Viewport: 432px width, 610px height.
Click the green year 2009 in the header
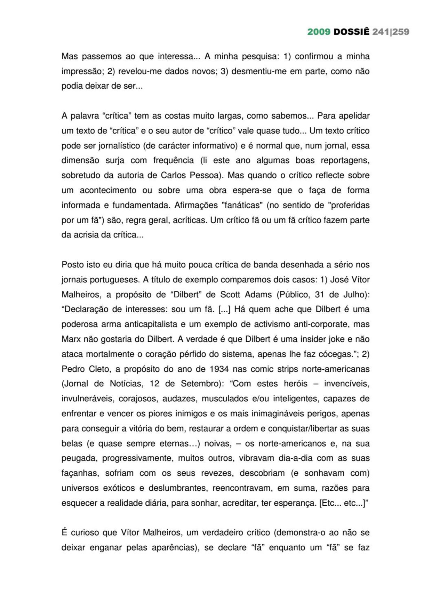pyautogui.click(x=319, y=32)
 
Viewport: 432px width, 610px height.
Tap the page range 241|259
pyautogui.click(x=391, y=32)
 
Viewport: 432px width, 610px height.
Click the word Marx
pyautogui.click(x=71, y=339)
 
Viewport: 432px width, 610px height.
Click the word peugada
pyautogui.click(x=79, y=458)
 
